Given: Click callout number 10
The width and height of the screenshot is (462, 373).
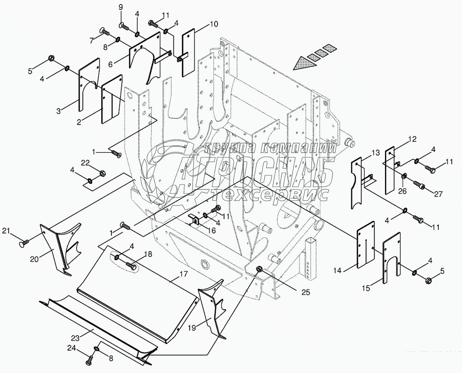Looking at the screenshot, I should tap(214, 25).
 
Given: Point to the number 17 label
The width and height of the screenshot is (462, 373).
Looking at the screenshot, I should tap(183, 275).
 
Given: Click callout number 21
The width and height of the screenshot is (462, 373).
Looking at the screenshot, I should tap(6, 231).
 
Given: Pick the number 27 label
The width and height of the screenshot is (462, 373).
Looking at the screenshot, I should tap(438, 194).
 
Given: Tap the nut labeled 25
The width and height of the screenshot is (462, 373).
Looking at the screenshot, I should tap(259, 269).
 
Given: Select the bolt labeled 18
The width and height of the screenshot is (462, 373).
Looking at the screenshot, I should tap(131, 265).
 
